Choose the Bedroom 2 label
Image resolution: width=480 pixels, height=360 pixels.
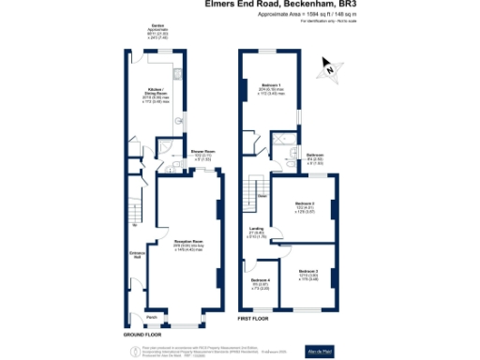pyautogui.click(x=304, y=205)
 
